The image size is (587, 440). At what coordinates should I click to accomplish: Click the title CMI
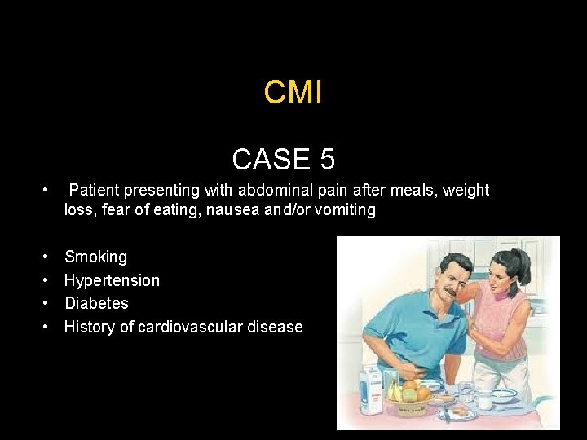click(293, 93)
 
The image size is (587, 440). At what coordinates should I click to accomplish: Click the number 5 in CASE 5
click(327, 159)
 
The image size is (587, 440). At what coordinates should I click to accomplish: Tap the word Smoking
click(95, 257)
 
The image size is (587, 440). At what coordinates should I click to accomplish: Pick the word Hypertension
click(112, 280)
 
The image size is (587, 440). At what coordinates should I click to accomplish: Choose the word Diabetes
click(96, 303)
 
